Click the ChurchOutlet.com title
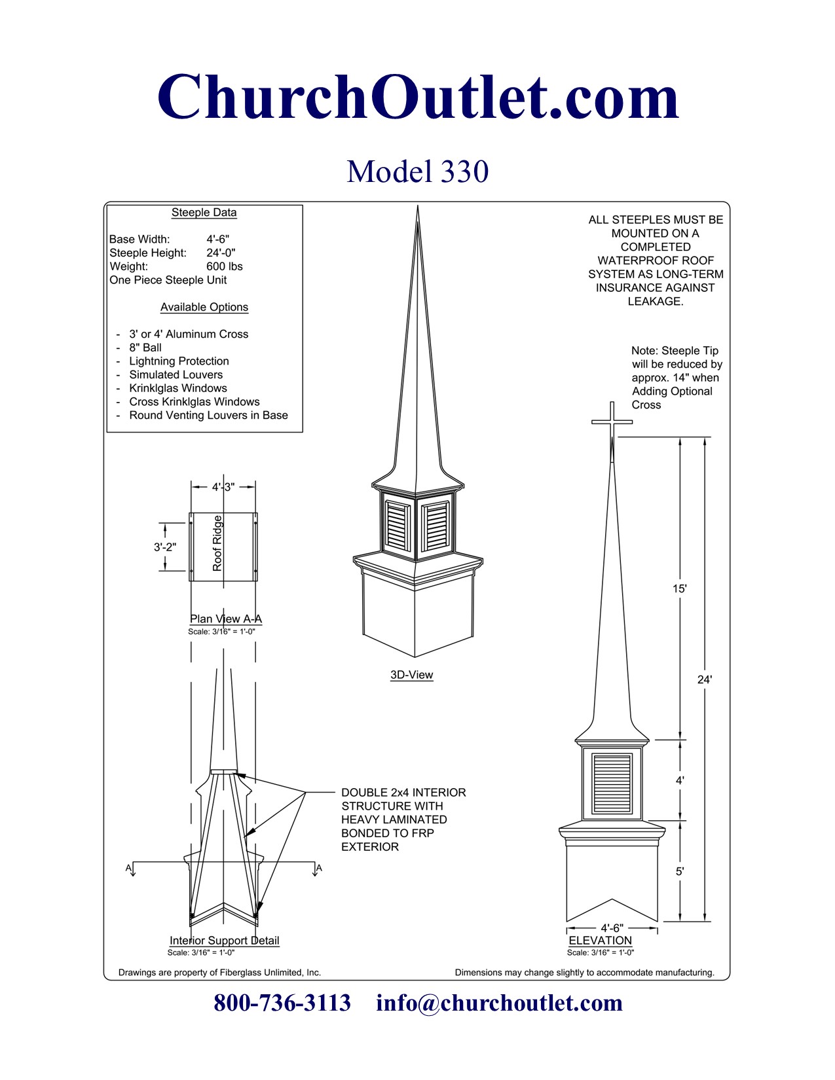coord(418,97)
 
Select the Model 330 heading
coord(418,171)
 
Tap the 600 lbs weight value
coord(225,266)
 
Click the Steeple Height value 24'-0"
coord(221,253)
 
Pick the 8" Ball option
coord(145,348)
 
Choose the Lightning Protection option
coord(179,361)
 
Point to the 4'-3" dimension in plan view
coord(223,487)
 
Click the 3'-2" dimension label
coord(164,547)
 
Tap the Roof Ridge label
coord(217,543)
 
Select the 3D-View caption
coord(411,675)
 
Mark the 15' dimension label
coord(679,588)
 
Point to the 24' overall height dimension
coord(704,679)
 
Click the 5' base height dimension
coord(680,871)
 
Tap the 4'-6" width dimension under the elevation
coord(612,928)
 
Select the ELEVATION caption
coord(600,941)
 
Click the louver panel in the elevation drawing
coord(612,784)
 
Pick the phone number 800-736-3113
coord(282,1003)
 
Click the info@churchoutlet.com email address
coord(499,1003)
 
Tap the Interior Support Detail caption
coord(224,941)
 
